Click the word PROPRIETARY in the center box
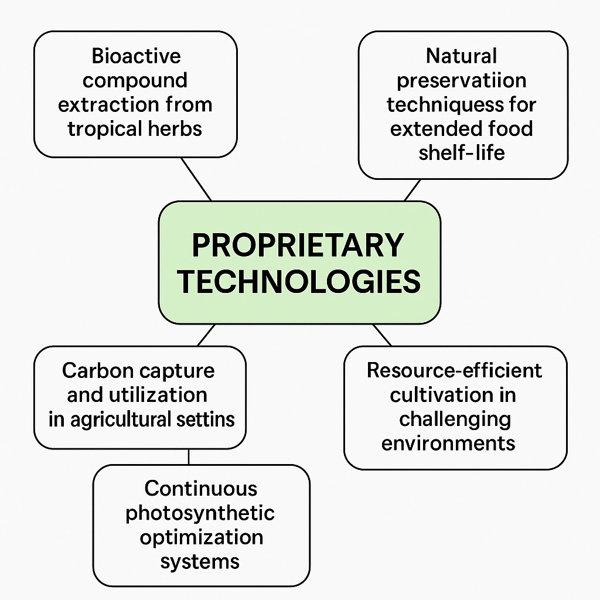pos(298,246)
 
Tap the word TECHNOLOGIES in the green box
pos(299,282)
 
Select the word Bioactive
pos(136,56)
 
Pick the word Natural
pos(462,56)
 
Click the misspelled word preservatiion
pos(462,81)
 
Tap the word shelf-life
pos(462,153)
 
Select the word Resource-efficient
pos(454,370)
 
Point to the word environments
pos(448,444)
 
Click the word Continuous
pos(201,489)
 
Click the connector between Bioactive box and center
pos(196,179)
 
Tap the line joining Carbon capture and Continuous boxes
pos(189,457)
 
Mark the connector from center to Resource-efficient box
pos(382,335)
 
